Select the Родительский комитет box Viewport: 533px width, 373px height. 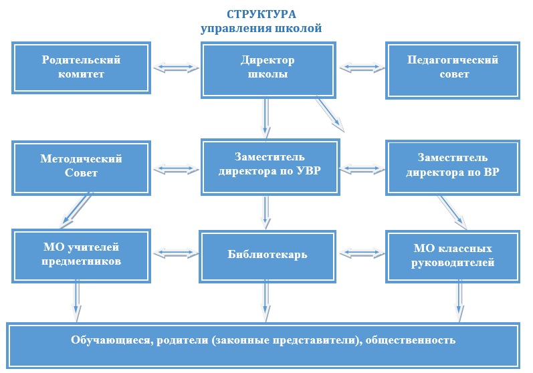(82, 68)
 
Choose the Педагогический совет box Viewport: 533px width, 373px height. (453, 68)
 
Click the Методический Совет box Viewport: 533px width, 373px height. (82, 166)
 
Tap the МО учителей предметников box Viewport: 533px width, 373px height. (82, 255)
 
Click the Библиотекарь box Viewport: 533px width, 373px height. (268, 255)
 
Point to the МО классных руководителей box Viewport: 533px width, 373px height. (453, 255)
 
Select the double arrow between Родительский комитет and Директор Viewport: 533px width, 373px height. (177, 68)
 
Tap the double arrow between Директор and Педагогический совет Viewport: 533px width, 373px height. (362, 68)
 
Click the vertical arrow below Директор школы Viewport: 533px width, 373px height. (267, 116)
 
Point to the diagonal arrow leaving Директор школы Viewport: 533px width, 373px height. (330, 114)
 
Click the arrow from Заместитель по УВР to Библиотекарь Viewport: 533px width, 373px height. (267, 210)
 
